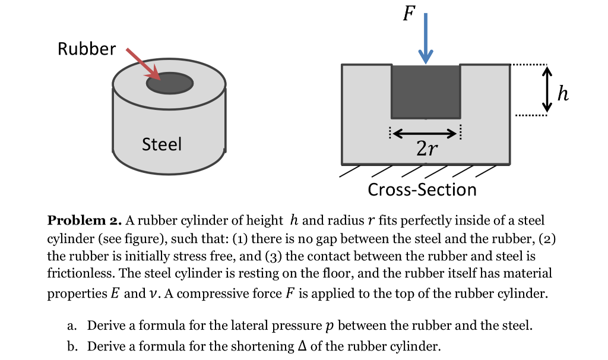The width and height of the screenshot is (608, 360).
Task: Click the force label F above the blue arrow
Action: point(407,13)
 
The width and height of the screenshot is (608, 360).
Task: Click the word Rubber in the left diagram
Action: point(87,49)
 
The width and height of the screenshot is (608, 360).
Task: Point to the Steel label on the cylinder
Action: point(161,144)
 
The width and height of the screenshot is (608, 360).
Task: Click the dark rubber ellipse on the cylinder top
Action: point(170,83)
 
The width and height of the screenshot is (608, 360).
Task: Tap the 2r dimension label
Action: point(425,149)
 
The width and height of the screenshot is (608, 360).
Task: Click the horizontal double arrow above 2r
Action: point(425,132)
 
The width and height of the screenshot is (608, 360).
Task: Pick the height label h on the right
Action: point(563,93)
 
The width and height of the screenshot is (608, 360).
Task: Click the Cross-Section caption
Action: point(422,190)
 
